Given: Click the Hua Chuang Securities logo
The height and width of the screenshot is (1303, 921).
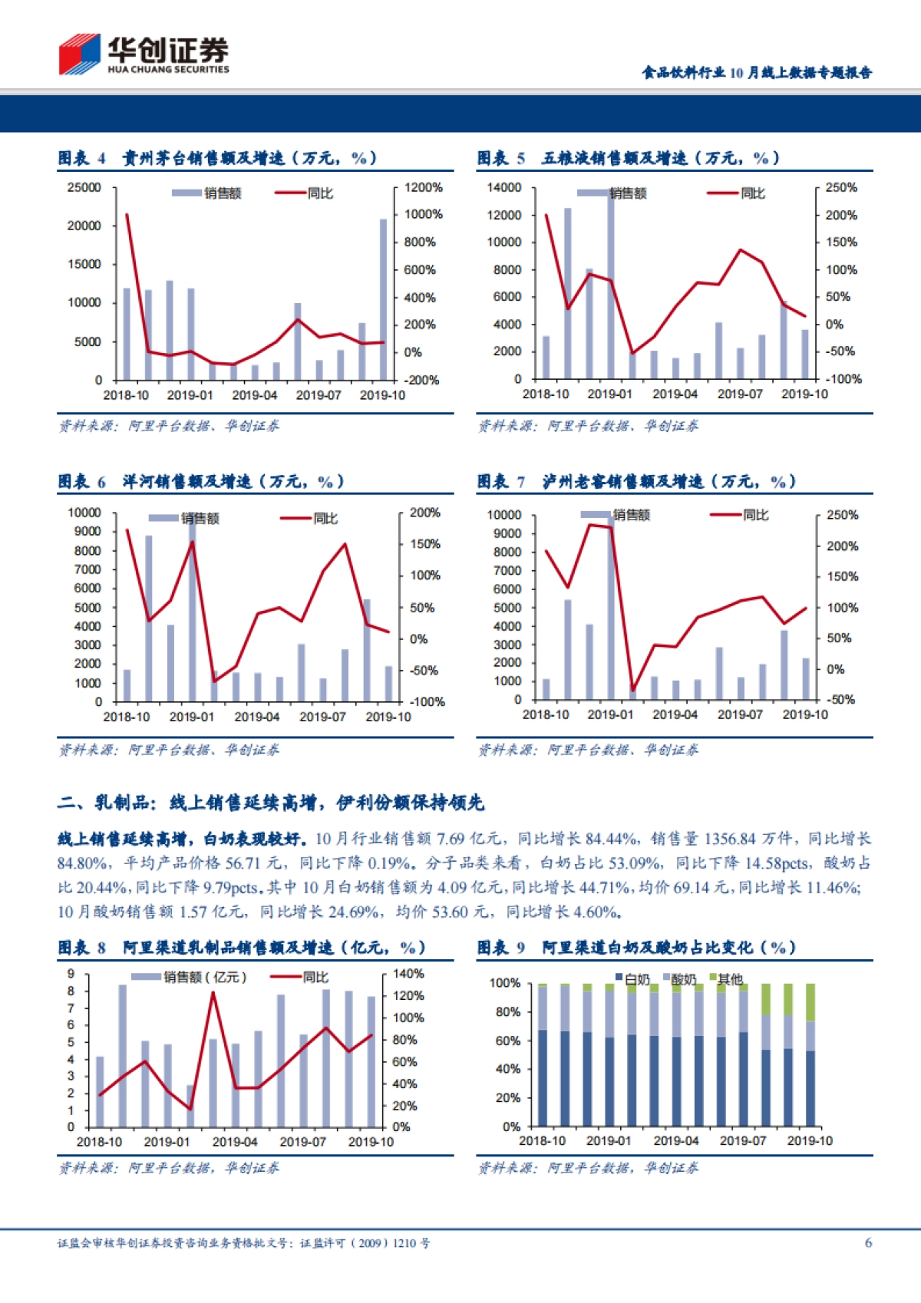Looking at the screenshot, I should (144, 54).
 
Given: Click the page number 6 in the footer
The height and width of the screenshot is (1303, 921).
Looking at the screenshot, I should (868, 1242).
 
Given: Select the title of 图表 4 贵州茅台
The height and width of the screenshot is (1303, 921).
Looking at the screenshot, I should (218, 159).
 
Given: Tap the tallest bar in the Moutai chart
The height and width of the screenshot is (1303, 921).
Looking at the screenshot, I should (383, 299).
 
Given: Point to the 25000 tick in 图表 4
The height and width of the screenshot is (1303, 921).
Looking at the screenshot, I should (84, 187).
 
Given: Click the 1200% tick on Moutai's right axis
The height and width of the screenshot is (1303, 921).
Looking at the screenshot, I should (423, 187).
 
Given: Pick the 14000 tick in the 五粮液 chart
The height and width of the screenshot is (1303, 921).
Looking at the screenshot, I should (503, 187).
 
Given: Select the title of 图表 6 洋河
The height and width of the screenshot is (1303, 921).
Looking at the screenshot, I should (201, 482).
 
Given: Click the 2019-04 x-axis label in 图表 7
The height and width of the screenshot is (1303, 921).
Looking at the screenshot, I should (675, 714).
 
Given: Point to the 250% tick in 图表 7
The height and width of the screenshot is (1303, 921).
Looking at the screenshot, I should (842, 515).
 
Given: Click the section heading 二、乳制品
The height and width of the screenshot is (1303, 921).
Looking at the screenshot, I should (270, 803).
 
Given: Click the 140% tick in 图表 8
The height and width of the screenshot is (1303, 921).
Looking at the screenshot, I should (408, 974).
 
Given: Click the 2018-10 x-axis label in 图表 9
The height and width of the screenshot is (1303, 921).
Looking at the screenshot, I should (542, 1141).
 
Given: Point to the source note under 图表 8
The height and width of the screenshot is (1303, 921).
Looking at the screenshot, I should (169, 1168).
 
